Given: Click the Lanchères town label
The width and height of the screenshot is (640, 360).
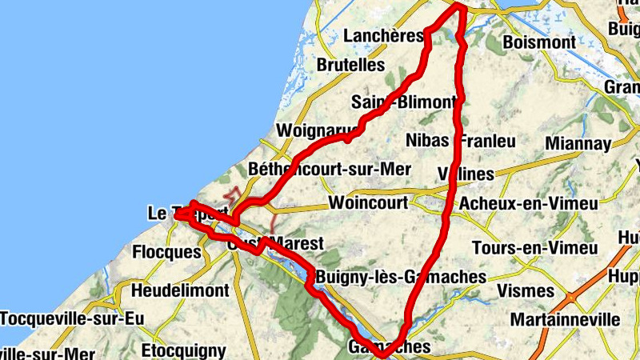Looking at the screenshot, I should [382, 36].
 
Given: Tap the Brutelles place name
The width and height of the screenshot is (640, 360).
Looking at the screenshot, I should [351, 65].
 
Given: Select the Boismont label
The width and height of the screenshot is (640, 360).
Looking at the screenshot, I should [542, 42].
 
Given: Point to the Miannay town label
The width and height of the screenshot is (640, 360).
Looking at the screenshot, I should [578, 144].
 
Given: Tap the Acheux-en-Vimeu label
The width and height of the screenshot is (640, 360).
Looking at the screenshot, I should [528, 204].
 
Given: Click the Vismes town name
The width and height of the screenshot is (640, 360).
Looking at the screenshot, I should [525, 290].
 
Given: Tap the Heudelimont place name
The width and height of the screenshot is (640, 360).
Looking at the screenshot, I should [180, 290].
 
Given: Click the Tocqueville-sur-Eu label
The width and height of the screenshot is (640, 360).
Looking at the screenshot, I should [72, 319].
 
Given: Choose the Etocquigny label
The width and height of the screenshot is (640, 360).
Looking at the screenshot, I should [183, 350].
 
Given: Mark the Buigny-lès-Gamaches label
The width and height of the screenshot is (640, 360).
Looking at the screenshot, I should [401, 277].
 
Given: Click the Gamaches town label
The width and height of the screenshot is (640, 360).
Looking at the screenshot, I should [390, 347].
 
